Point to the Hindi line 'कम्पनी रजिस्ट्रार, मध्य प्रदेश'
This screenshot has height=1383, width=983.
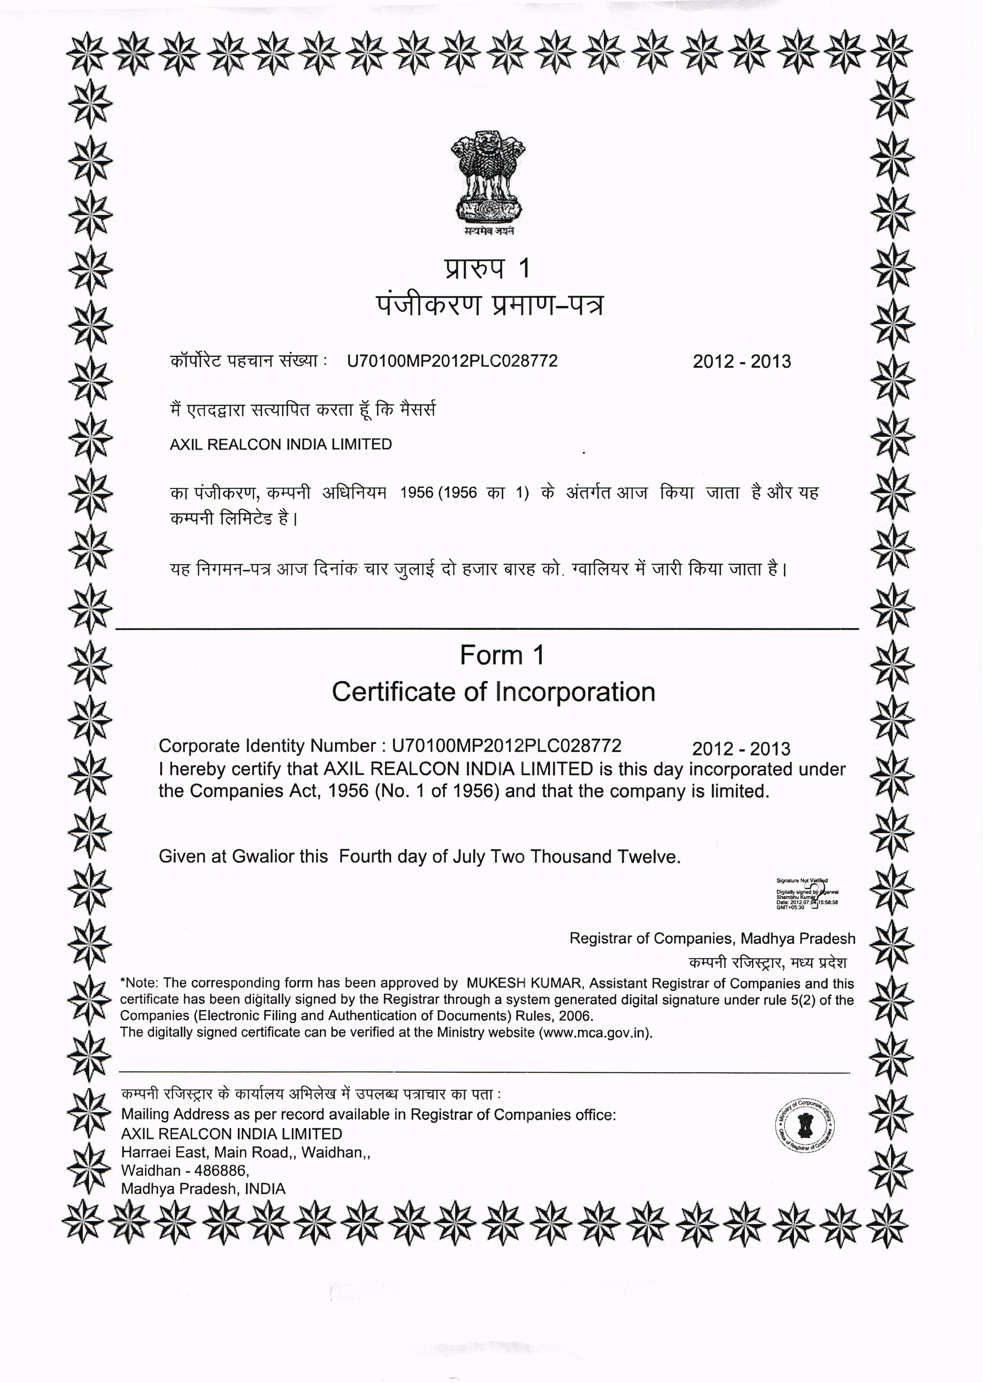[767, 962]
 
